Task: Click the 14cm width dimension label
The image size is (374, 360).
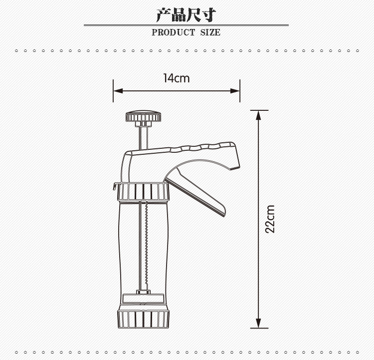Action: point(177,78)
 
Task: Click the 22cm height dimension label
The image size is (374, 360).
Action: point(270,219)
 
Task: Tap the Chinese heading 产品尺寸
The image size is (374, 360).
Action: point(187,15)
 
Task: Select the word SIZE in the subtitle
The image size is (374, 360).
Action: point(210,32)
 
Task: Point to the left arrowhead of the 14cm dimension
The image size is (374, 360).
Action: point(118,91)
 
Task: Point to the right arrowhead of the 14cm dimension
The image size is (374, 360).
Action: point(235,91)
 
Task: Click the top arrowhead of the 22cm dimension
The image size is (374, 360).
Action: point(258,115)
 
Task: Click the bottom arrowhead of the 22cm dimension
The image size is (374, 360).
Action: point(258,323)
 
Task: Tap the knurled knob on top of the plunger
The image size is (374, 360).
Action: point(143,116)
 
